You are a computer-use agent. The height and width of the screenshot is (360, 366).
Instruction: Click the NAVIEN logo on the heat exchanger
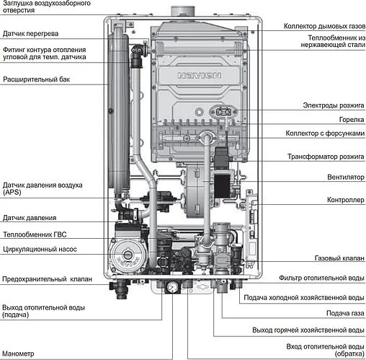click(x=199, y=76)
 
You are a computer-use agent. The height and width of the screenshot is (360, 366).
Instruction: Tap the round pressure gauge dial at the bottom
click(x=172, y=287)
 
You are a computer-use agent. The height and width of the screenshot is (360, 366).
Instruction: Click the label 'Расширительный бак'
click(x=36, y=79)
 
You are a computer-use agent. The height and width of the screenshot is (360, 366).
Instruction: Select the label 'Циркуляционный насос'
click(x=40, y=249)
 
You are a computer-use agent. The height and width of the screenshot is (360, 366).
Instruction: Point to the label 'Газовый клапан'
click(x=339, y=258)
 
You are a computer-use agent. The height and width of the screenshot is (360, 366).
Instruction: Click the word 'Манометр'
click(x=18, y=354)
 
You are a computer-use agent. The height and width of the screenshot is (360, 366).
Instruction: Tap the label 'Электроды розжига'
click(x=334, y=105)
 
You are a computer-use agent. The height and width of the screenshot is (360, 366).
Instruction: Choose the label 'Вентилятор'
click(x=346, y=177)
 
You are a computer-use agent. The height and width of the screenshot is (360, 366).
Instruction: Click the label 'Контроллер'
click(x=346, y=200)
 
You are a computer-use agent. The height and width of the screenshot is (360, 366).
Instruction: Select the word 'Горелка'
click(x=352, y=119)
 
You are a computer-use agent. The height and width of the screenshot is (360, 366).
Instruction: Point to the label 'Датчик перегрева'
click(x=30, y=33)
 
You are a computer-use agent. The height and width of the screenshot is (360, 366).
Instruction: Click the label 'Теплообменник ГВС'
click(x=35, y=234)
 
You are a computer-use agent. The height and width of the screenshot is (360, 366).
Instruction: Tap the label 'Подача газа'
click(x=345, y=313)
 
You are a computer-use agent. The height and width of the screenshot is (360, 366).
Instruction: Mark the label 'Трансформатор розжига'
click(x=326, y=157)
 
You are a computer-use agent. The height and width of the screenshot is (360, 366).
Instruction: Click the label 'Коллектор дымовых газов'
click(x=324, y=26)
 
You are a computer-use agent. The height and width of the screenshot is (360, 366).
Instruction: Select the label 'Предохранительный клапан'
click(x=48, y=279)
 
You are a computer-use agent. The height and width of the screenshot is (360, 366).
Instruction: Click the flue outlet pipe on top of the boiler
click(x=182, y=11)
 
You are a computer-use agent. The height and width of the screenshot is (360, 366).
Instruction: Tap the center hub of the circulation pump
click(x=128, y=255)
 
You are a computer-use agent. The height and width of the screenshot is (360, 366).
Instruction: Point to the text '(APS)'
click(x=12, y=193)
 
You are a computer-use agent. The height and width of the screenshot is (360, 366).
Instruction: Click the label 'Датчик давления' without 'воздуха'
click(x=30, y=218)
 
